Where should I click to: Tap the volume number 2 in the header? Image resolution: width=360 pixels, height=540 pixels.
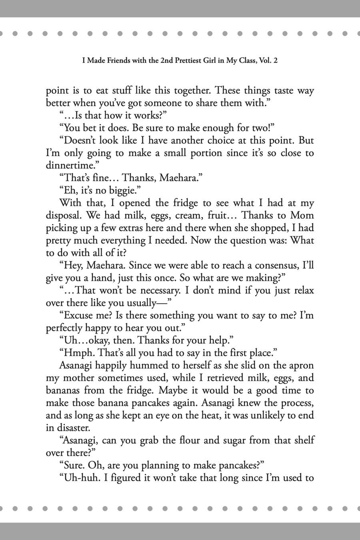point(276,61)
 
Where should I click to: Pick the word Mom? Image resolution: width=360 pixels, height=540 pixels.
point(302,216)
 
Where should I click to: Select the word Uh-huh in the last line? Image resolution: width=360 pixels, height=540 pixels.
point(80,478)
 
